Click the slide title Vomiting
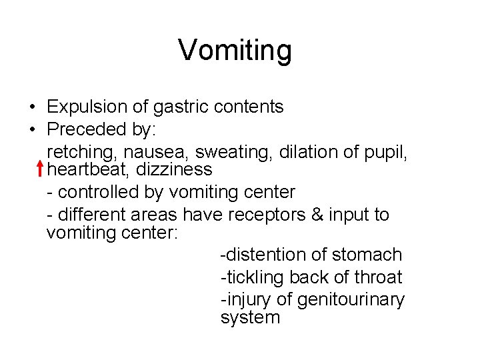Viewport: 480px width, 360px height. [235, 50]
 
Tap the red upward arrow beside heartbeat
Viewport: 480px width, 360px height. [41, 169]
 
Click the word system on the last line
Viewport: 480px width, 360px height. [250, 317]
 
